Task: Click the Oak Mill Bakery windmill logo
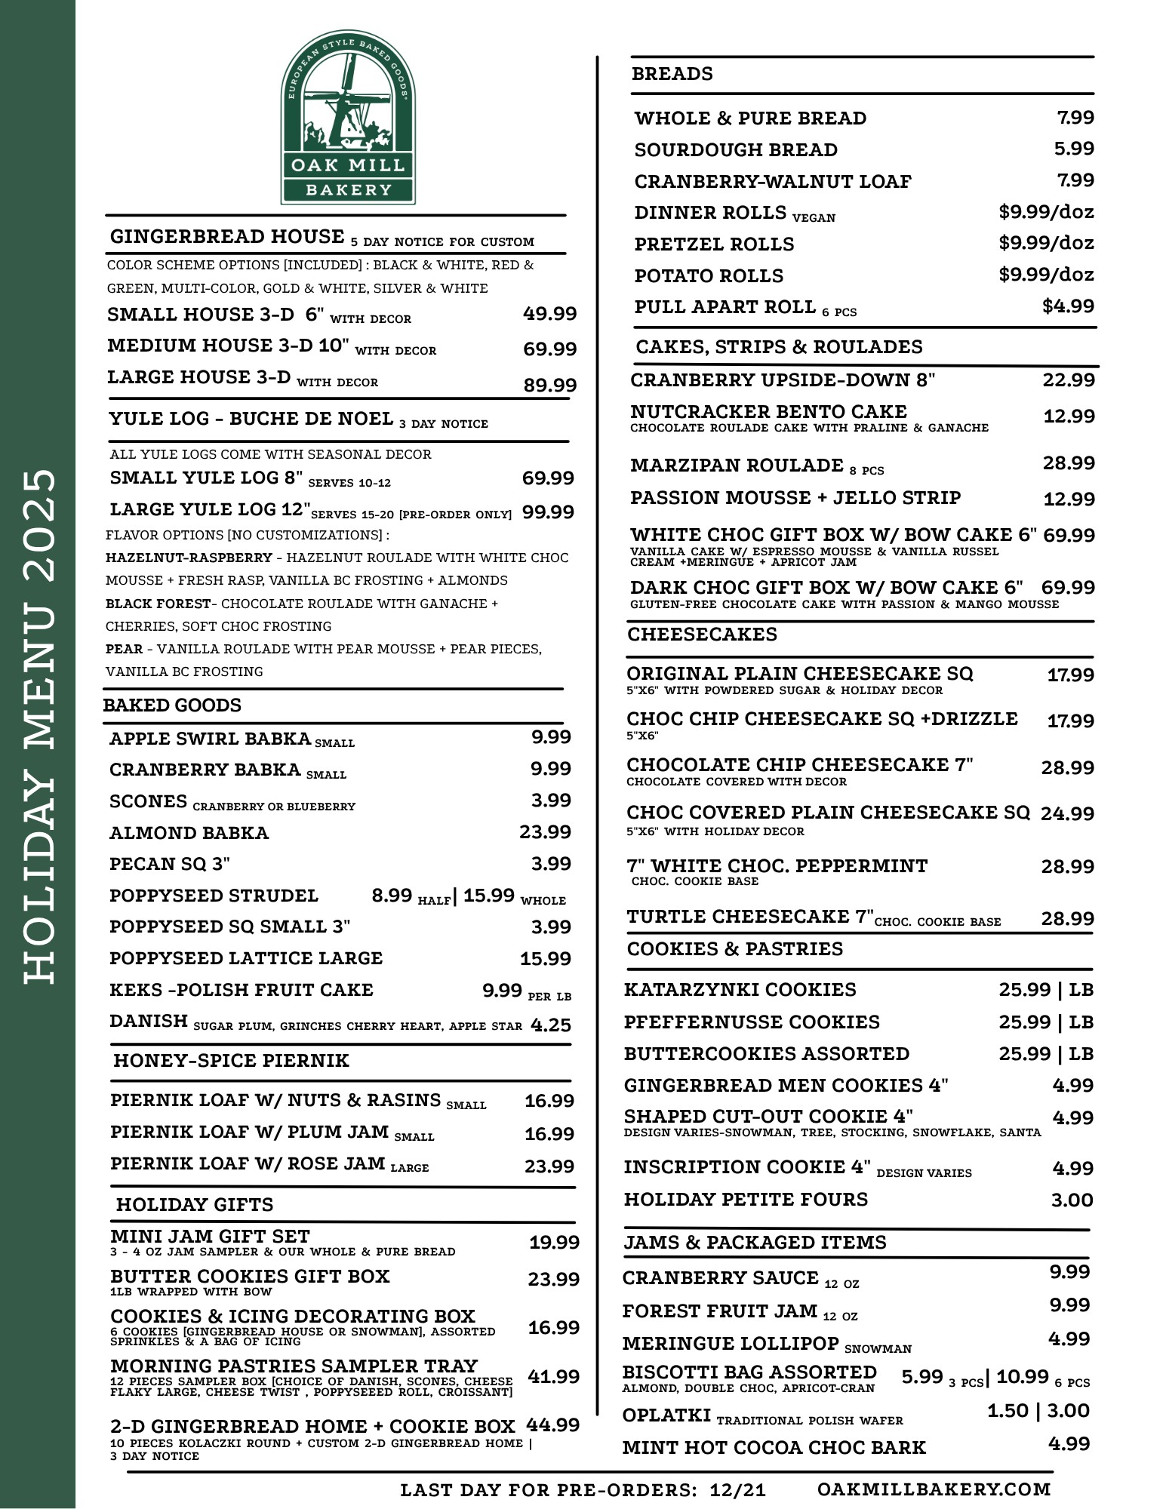(x=348, y=117)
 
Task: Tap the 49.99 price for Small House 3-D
(x=549, y=314)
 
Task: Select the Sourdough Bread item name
(x=735, y=150)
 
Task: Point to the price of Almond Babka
(x=545, y=832)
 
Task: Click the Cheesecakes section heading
(x=702, y=635)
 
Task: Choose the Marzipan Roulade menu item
(x=737, y=466)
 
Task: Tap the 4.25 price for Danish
(x=551, y=1025)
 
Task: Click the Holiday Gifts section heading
(x=194, y=1205)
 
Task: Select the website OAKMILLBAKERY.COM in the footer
(x=934, y=1489)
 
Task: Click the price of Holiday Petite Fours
(x=1072, y=1200)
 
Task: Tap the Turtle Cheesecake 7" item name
(x=749, y=917)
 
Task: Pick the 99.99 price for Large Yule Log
(x=548, y=512)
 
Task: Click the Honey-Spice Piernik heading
(x=231, y=1061)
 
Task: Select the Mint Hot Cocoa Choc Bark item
(x=774, y=1448)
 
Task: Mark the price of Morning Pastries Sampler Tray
(x=553, y=1377)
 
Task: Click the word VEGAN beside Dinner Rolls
(x=814, y=218)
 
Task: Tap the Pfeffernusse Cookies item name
(x=752, y=1022)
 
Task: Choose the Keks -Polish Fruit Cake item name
(x=242, y=990)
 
